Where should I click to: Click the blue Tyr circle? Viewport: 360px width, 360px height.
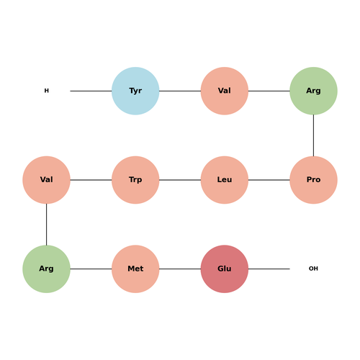[135, 91]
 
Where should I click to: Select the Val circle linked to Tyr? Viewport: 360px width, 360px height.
[225, 91]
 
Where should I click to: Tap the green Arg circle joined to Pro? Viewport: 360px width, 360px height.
[313, 91]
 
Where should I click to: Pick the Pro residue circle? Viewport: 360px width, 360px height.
[313, 180]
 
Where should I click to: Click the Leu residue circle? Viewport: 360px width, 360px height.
[225, 180]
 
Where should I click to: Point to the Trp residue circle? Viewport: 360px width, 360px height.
[135, 180]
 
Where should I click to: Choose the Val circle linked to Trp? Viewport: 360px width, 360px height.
[46, 180]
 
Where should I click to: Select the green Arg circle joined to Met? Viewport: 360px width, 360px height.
[46, 269]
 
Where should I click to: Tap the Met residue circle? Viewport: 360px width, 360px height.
[135, 269]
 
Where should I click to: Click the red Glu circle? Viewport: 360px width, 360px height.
[225, 269]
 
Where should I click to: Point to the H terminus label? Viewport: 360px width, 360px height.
[46, 91]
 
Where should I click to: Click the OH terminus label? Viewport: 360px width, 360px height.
[313, 269]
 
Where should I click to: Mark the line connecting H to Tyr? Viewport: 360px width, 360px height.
[91, 91]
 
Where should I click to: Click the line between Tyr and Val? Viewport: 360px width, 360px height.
[180, 91]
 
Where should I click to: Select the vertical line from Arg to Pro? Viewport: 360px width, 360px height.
[313, 135]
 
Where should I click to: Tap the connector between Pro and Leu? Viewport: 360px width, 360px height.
[269, 180]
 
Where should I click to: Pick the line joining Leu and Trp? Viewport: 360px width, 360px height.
[180, 180]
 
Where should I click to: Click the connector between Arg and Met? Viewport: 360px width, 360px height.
[91, 269]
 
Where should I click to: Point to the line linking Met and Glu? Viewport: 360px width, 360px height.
[180, 269]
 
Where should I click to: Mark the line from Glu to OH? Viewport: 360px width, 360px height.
[269, 269]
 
